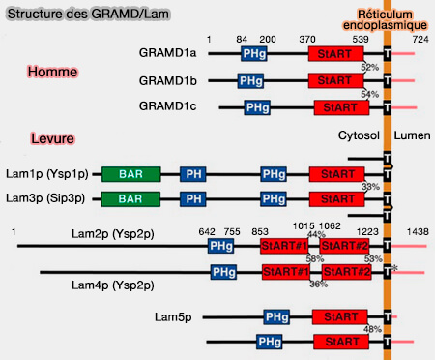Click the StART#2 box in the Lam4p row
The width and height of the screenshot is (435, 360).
(347, 272)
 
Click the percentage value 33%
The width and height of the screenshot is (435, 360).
(369, 186)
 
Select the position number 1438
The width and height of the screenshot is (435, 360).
(418, 233)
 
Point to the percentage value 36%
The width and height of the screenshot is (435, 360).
(316, 284)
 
